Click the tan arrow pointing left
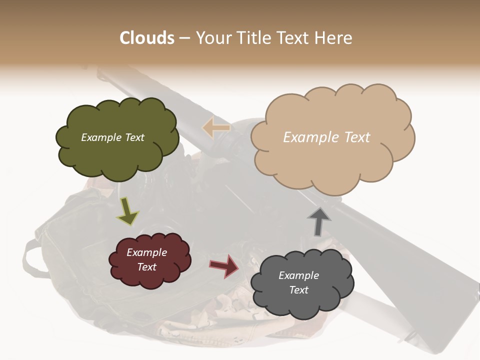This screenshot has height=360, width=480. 216,128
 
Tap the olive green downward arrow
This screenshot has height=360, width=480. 127,211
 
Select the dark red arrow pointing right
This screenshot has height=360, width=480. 224,265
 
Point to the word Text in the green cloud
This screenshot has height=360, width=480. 134,137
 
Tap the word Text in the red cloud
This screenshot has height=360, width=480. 147,267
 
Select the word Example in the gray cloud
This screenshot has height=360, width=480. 298,275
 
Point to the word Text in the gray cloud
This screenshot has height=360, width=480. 298,290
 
